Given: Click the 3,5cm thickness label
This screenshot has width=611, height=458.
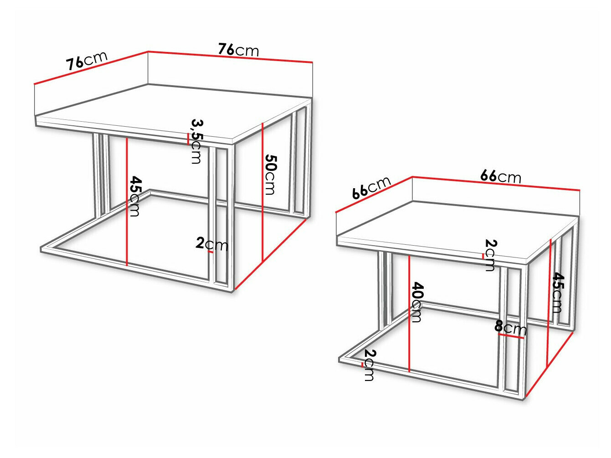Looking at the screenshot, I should pos(196,141).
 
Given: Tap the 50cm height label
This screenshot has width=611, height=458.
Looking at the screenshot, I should pos(270,175).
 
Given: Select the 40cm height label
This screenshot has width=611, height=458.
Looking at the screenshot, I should pos(417,302).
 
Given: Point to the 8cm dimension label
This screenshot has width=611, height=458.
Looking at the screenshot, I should pos(510,327).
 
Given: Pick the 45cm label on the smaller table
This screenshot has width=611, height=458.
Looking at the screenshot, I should pos(557,293).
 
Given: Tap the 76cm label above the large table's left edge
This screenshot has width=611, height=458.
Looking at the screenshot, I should pos(87,60).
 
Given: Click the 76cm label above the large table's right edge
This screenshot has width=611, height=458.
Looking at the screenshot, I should pos(238,49).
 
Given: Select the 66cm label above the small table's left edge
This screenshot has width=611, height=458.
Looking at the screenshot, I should pos(371,187).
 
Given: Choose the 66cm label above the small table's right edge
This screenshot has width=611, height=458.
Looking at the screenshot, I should pos(500,176).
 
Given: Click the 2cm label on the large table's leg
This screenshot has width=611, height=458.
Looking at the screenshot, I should pos(212,244).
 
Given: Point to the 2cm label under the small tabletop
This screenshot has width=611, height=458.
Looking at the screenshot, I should pos(490,255).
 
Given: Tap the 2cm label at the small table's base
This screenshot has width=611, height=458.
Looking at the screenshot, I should pos(370,365).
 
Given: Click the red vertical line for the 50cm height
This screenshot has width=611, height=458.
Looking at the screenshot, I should pos(263,191).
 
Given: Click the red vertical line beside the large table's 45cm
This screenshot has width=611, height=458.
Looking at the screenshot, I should pos(127,201).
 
